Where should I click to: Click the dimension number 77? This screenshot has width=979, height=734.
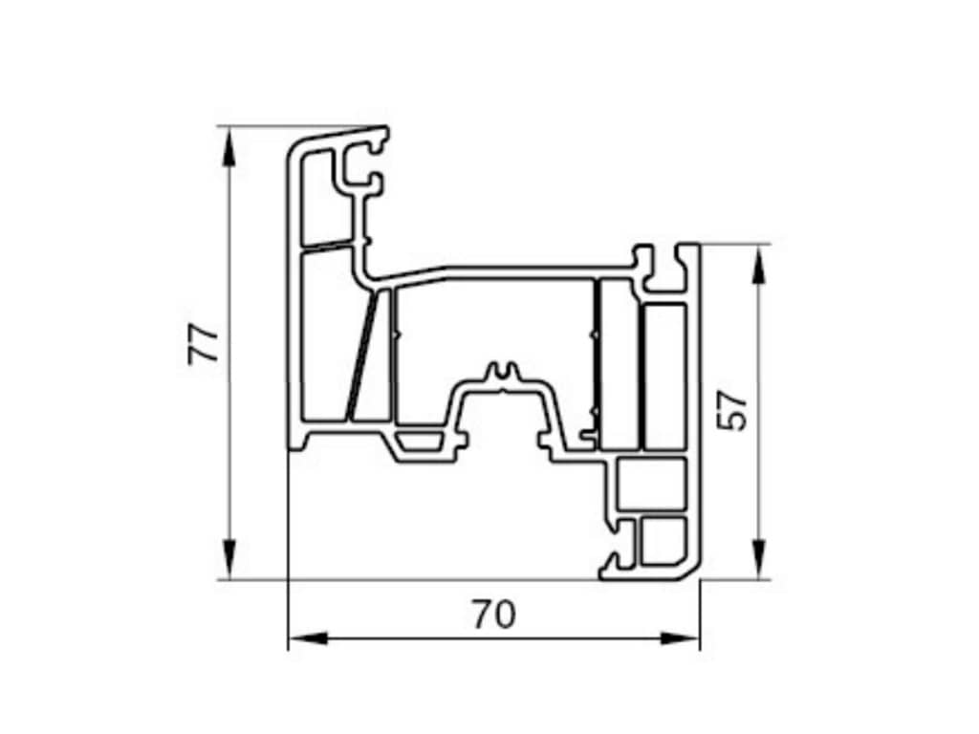[x=204, y=343]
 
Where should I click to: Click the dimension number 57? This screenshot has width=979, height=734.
[x=731, y=410]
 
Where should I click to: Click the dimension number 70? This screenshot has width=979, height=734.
[x=494, y=615]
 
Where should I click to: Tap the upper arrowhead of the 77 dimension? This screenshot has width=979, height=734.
[x=229, y=147]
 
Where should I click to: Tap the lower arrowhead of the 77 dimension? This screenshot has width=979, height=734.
[x=229, y=559]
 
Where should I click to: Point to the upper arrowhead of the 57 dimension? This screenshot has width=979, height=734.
[x=758, y=266]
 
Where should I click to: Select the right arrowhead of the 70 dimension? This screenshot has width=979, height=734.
[x=679, y=638]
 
